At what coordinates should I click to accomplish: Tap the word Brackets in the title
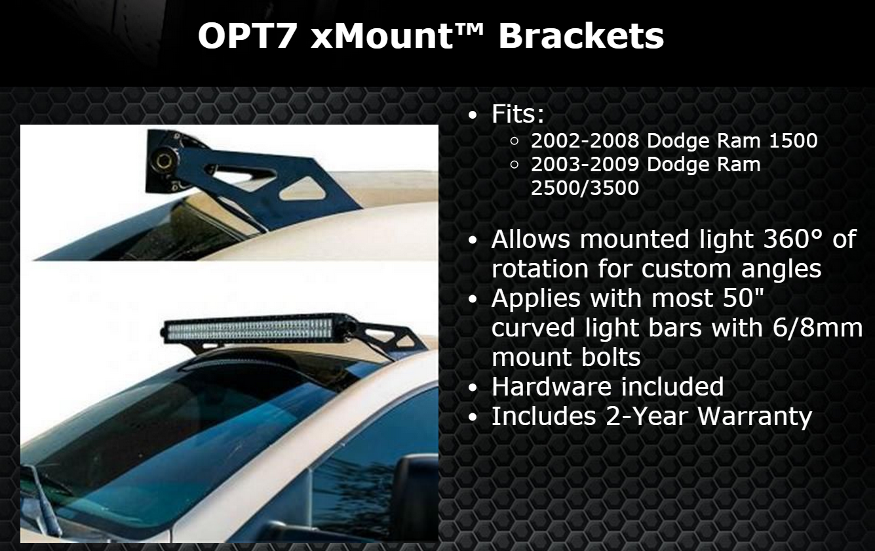click(x=581, y=35)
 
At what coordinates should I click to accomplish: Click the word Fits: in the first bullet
click(x=518, y=113)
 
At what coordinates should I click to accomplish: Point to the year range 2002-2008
click(x=585, y=141)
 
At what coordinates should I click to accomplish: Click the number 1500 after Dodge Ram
click(x=793, y=141)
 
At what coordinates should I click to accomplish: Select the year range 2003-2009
click(x=585, y=164)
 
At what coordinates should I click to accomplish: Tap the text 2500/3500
click(x=585, y=188)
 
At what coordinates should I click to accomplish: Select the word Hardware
click(x=551, y=386)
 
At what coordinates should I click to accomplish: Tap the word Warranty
click(x=754, y=416)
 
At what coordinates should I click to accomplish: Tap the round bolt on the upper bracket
click(x=161, y=160)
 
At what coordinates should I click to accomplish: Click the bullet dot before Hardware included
click(x=473, y=388)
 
